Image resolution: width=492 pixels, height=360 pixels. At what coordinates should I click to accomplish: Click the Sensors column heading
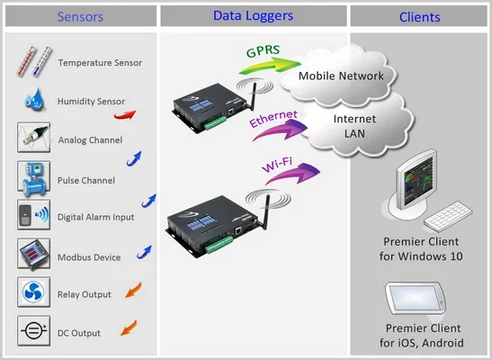coord(79,16)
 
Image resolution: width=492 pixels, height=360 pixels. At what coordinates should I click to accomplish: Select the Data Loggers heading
coord(254,15)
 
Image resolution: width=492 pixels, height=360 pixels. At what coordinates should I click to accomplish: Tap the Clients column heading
coord(419,16)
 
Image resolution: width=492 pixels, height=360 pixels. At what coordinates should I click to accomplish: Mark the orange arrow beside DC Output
coord(129,325)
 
